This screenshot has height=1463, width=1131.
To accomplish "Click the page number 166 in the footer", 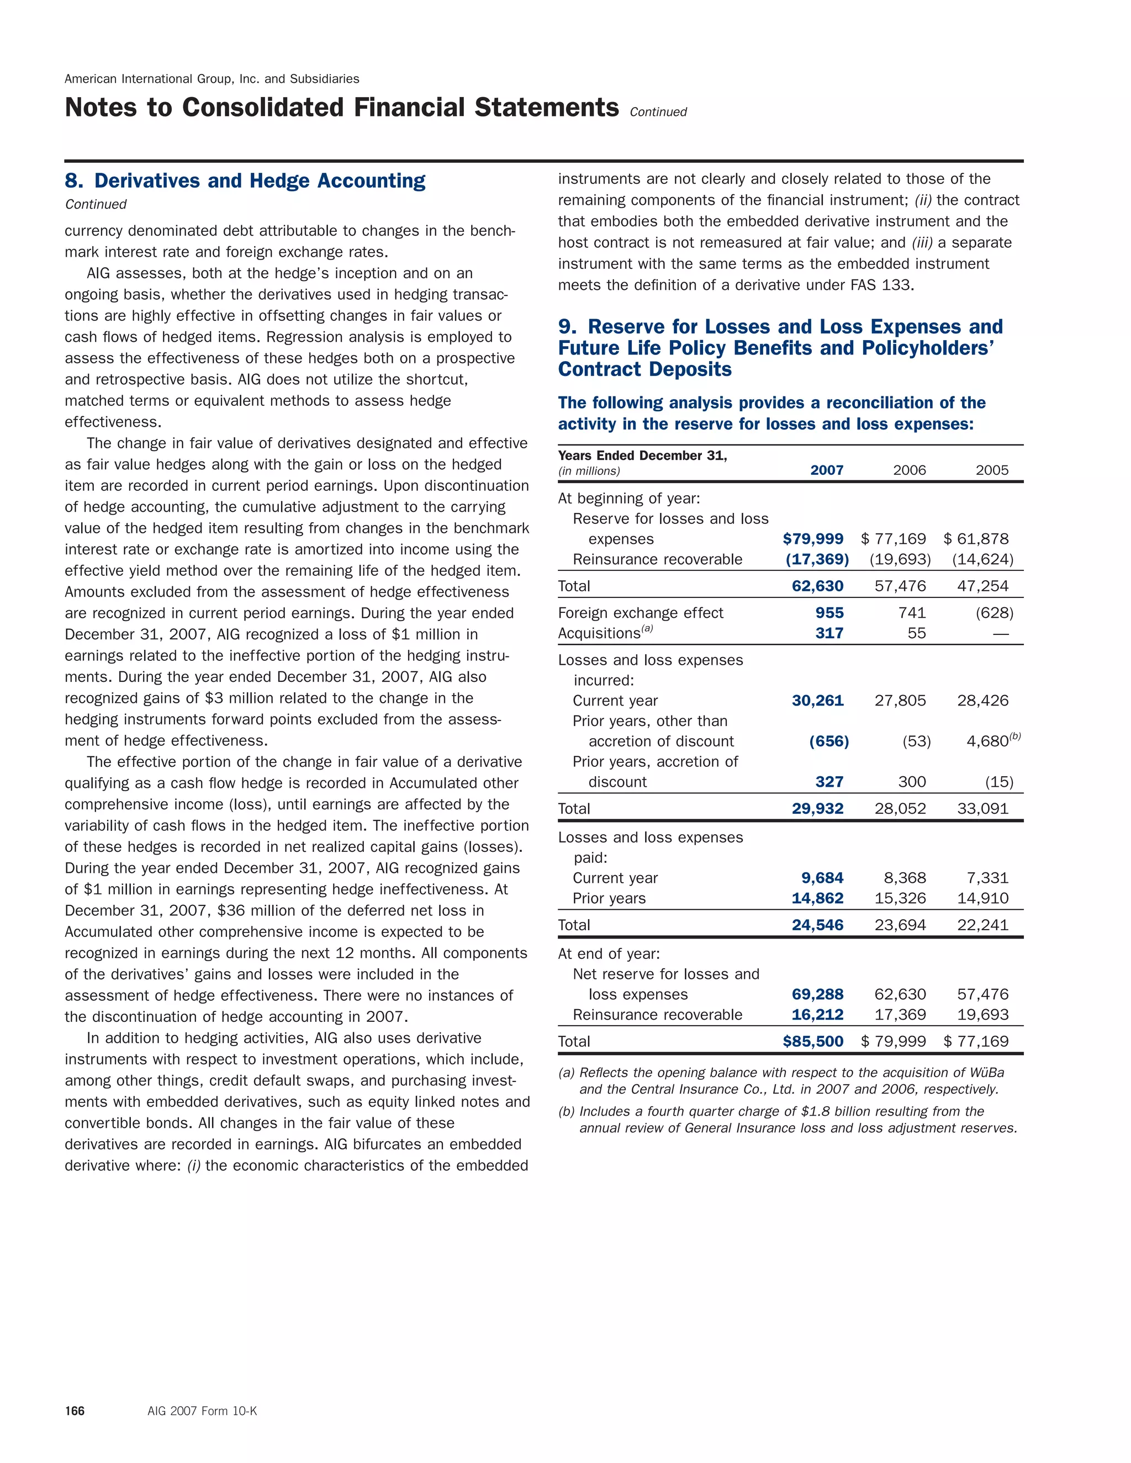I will [x=75, y=1411].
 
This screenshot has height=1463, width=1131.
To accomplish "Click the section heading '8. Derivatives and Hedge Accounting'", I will [x=245, y=181].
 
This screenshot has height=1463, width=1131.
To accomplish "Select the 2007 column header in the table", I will [x=826, y=470].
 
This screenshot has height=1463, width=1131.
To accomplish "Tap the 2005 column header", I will [x=992, y=470].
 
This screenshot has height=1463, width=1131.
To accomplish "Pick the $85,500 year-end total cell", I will [x=813, y=1041].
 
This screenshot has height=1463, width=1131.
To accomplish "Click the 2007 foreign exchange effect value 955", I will [x=829, y=613].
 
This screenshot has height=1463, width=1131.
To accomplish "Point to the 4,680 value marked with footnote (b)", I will [x=987, y=741].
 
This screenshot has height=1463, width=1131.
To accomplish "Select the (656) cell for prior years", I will [x=829, y=741].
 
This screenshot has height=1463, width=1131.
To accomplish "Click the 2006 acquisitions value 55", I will [x=916, y=633].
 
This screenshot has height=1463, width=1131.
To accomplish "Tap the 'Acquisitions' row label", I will [x=600, y=634].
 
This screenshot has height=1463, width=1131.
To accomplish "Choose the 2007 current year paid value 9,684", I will [x=822, y=878].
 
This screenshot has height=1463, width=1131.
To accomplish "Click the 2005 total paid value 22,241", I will [x=982, y=925].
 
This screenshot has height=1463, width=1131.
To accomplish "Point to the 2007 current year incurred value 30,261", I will [x=817, y=701].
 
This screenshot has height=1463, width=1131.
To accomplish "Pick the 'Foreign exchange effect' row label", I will [x=641, y=613].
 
